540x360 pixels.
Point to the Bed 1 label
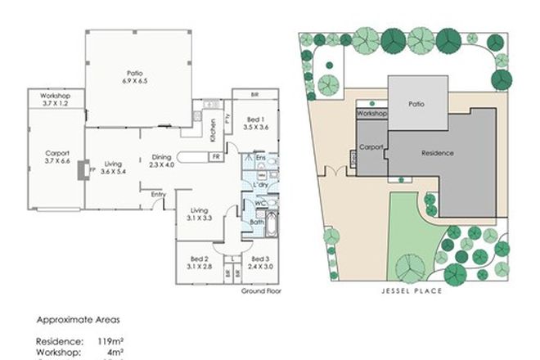tap(255, 119)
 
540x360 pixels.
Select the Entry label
tap(157, 194)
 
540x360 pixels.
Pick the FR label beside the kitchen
tap(215, 156)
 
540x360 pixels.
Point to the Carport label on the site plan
tap(371, 148)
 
